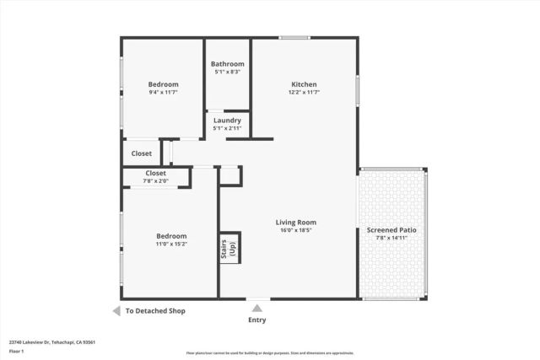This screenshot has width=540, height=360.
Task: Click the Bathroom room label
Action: (x=227, y=64)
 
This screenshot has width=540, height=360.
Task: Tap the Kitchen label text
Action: (x=304, y=84)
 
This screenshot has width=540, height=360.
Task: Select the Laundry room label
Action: (x=227, y=121)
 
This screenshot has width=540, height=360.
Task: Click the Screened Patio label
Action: (x=391, y=230)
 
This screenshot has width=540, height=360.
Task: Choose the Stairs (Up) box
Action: (x=229, y=249)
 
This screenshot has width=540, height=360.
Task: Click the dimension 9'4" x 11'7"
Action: (x=163, y=92)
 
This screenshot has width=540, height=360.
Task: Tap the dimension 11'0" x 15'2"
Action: (x=171, y=244)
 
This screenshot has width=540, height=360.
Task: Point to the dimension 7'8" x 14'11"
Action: (x=391, y=238)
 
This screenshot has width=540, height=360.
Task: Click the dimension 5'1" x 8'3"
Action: (x=227, y=72)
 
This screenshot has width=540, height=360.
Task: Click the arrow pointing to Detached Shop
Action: (x=116, y=311)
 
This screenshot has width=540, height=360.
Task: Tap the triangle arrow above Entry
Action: (x=256, y=309)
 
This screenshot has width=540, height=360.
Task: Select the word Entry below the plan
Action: (x=256, y=320)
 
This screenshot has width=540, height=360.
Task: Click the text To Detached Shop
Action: (x=155, y=311)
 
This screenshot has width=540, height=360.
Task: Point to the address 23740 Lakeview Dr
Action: (x=51, y=342)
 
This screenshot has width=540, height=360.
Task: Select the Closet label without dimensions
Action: (x=141, y=153)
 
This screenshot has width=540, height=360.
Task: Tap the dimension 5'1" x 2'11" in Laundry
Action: (x=227, y=128)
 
